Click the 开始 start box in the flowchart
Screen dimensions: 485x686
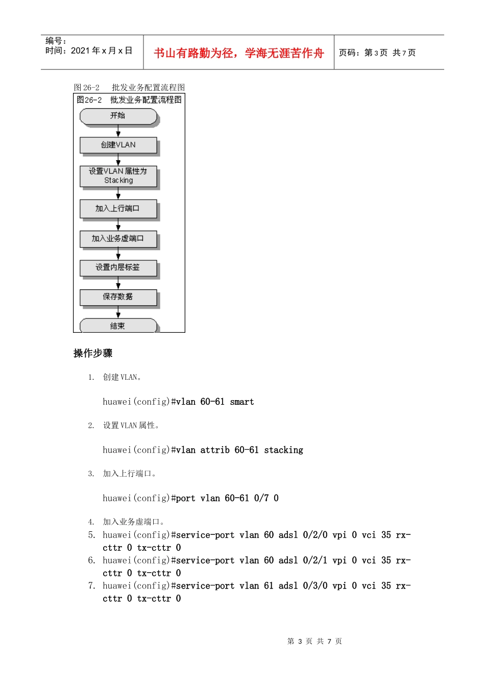118,116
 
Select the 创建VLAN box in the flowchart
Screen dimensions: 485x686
118,145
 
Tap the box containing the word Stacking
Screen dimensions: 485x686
118,176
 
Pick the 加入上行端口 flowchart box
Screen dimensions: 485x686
118,209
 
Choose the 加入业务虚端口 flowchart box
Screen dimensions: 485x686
118,239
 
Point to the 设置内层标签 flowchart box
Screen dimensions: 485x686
118,268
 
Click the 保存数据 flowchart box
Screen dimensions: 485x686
118,297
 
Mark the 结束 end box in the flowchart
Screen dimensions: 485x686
118,326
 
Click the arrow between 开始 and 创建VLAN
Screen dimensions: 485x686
118,132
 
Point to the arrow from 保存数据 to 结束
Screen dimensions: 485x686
118,312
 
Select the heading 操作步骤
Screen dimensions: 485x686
93,353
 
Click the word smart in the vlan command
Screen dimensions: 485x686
242,402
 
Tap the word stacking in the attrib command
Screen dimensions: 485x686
283,450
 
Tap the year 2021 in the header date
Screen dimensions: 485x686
80,51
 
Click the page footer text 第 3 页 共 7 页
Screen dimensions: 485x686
314,642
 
